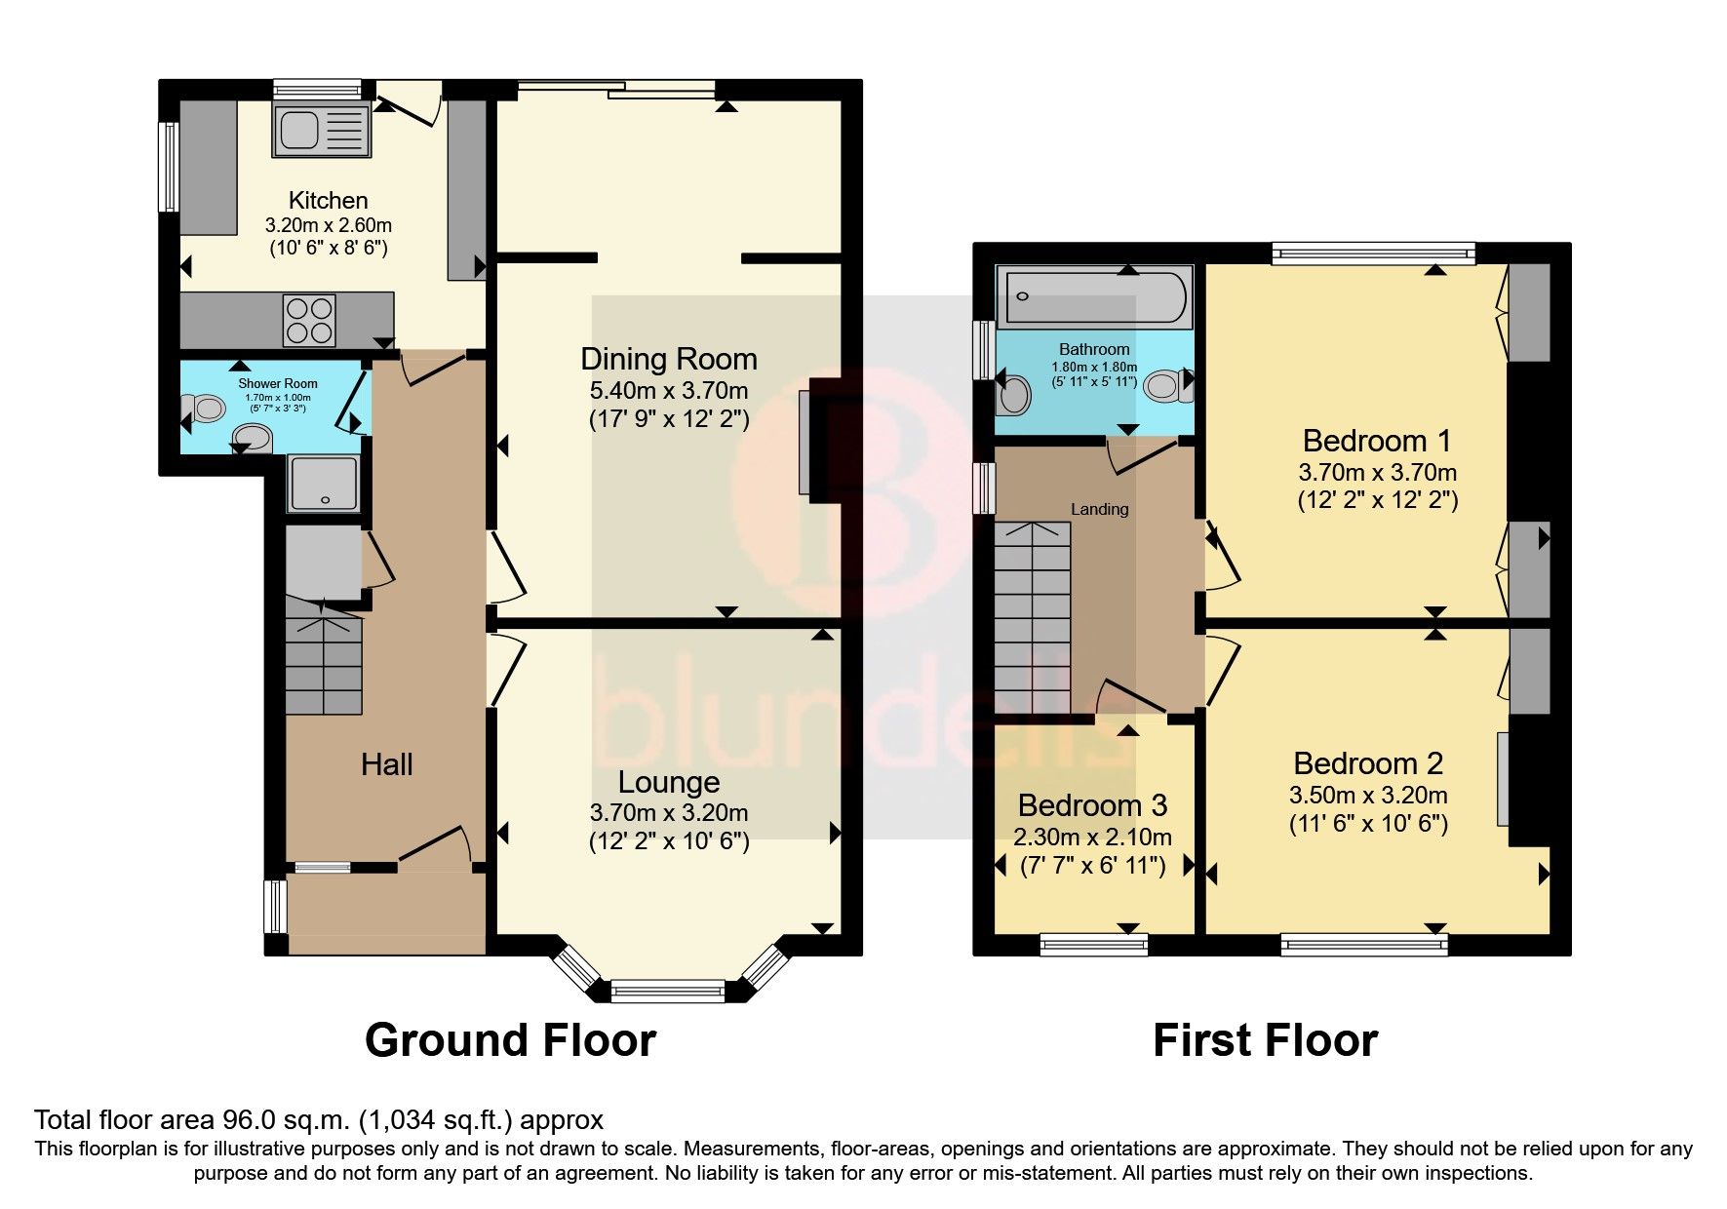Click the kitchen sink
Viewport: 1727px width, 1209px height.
coord(323,131)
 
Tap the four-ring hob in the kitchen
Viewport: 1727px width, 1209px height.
coord(309,321)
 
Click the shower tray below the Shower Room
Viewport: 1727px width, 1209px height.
coord(324,485)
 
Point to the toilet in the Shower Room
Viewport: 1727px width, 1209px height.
coord(208,408)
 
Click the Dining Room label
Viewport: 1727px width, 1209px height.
coord(669,359)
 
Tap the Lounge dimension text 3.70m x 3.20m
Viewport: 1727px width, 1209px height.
coord(669,812)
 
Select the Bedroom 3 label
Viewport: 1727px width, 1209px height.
coord(1092,805)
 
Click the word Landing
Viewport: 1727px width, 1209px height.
coord(1099,509)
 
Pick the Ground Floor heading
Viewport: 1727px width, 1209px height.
coord(510,1040)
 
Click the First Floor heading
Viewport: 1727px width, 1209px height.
coord(1265,1040)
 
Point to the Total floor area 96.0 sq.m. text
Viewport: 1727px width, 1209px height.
coord(319,1120)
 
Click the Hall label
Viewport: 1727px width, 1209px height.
coord(386,764)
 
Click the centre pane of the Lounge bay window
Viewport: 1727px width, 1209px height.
coord(669,992)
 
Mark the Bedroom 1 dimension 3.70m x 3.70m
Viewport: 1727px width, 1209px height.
coord(1377,473)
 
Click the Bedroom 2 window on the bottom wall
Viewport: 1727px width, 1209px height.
coord(1363,943)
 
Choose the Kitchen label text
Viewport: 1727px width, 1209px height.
coord(329,200)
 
